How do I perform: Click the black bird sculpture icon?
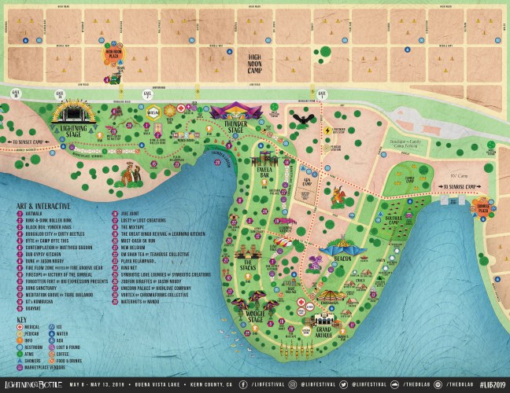(x=302, y=119)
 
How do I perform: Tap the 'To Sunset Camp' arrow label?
(x=25, y=143)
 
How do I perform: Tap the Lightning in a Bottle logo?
(x=35, y=384)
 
